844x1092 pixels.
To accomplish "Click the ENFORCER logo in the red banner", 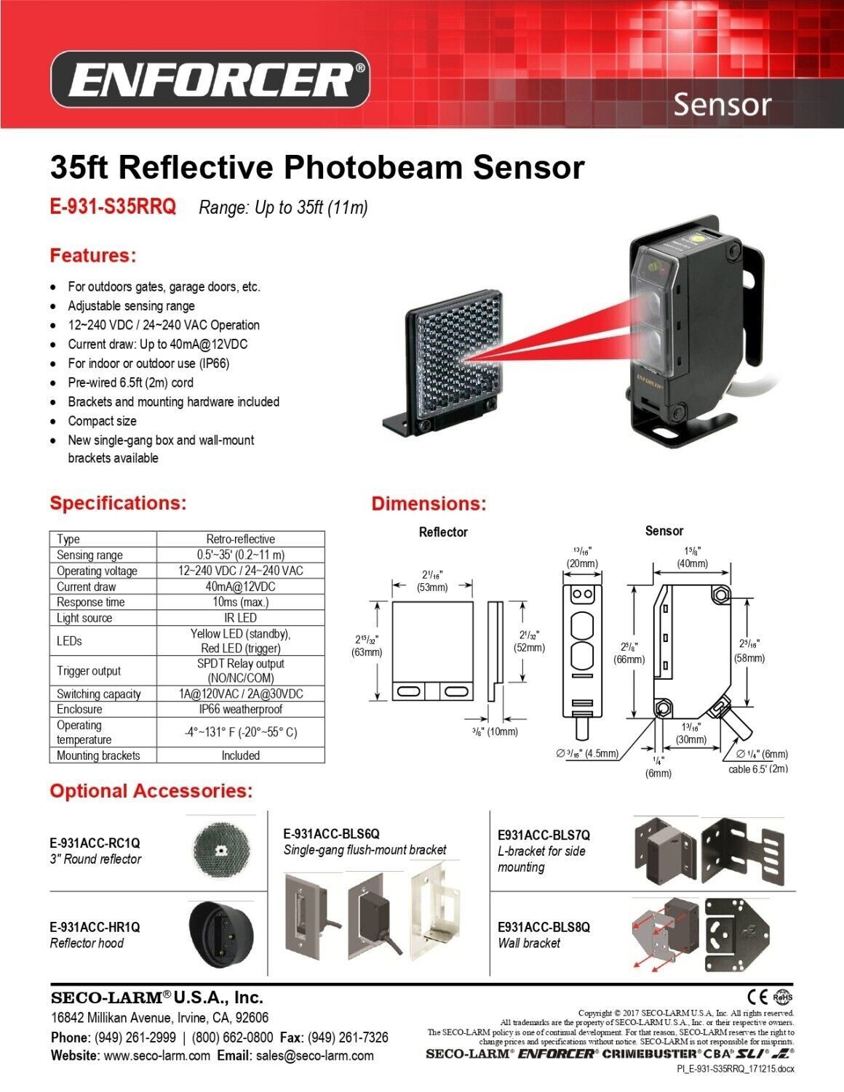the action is [x=210, y=79].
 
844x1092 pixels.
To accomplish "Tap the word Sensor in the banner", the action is [x=722, y=105].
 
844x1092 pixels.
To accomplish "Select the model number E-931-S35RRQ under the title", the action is [x=113, y=206].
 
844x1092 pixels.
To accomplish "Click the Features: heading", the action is [x=93, y=255].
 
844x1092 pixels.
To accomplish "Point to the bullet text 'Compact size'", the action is [x=102, y=421].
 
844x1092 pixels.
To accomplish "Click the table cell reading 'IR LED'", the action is [x=240, y=617].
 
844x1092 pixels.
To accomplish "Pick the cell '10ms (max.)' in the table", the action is [x=240, y=602].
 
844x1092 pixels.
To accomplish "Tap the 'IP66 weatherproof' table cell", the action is [x=240, y=709].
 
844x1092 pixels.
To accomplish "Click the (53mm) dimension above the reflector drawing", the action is [x=431, y=587].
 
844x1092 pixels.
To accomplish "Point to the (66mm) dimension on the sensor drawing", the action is [x=629, y=659].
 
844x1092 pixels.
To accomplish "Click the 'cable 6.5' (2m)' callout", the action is [x=758, y=769].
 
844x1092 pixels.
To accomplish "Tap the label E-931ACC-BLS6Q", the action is [x=331, y=834].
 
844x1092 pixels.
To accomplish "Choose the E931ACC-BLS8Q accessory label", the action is [x=544, y=927].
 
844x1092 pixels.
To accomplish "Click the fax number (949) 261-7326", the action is [x=348, y=1037].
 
